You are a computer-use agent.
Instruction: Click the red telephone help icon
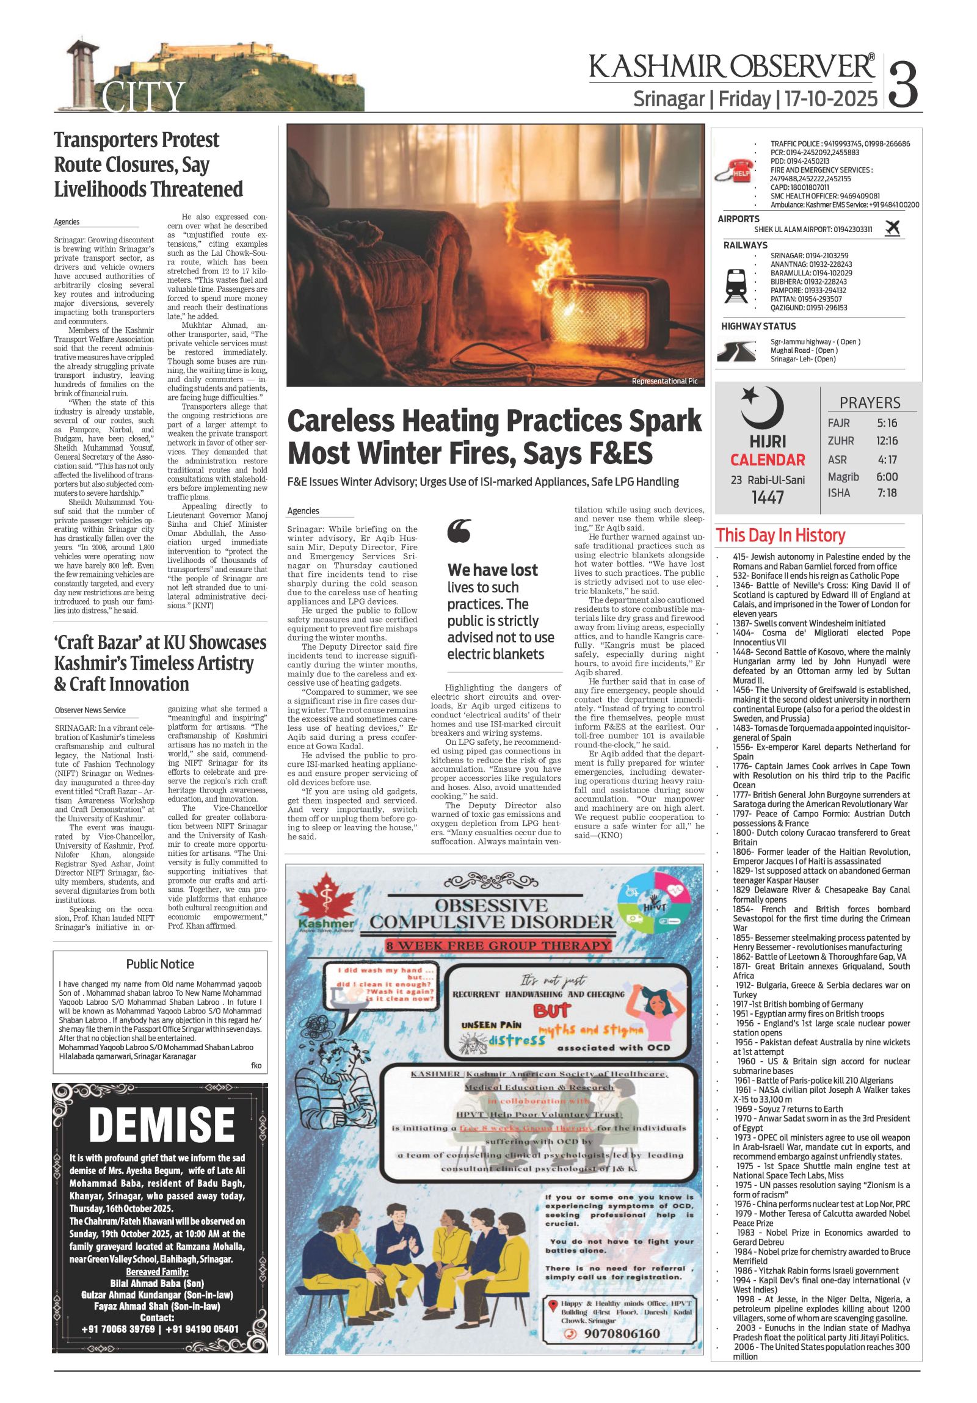(736, 171)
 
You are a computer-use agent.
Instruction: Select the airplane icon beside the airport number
(893, 228)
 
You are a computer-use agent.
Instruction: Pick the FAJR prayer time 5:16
(886, 423)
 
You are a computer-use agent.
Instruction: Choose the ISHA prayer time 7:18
(886, 493)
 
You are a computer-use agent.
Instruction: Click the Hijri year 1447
(768, 498)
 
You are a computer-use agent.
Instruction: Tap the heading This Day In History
(780, 535)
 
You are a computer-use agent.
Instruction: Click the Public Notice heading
(160, 964)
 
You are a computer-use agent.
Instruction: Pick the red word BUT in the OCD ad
(551, 1010)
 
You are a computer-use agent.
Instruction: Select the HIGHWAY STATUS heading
(758, 326)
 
